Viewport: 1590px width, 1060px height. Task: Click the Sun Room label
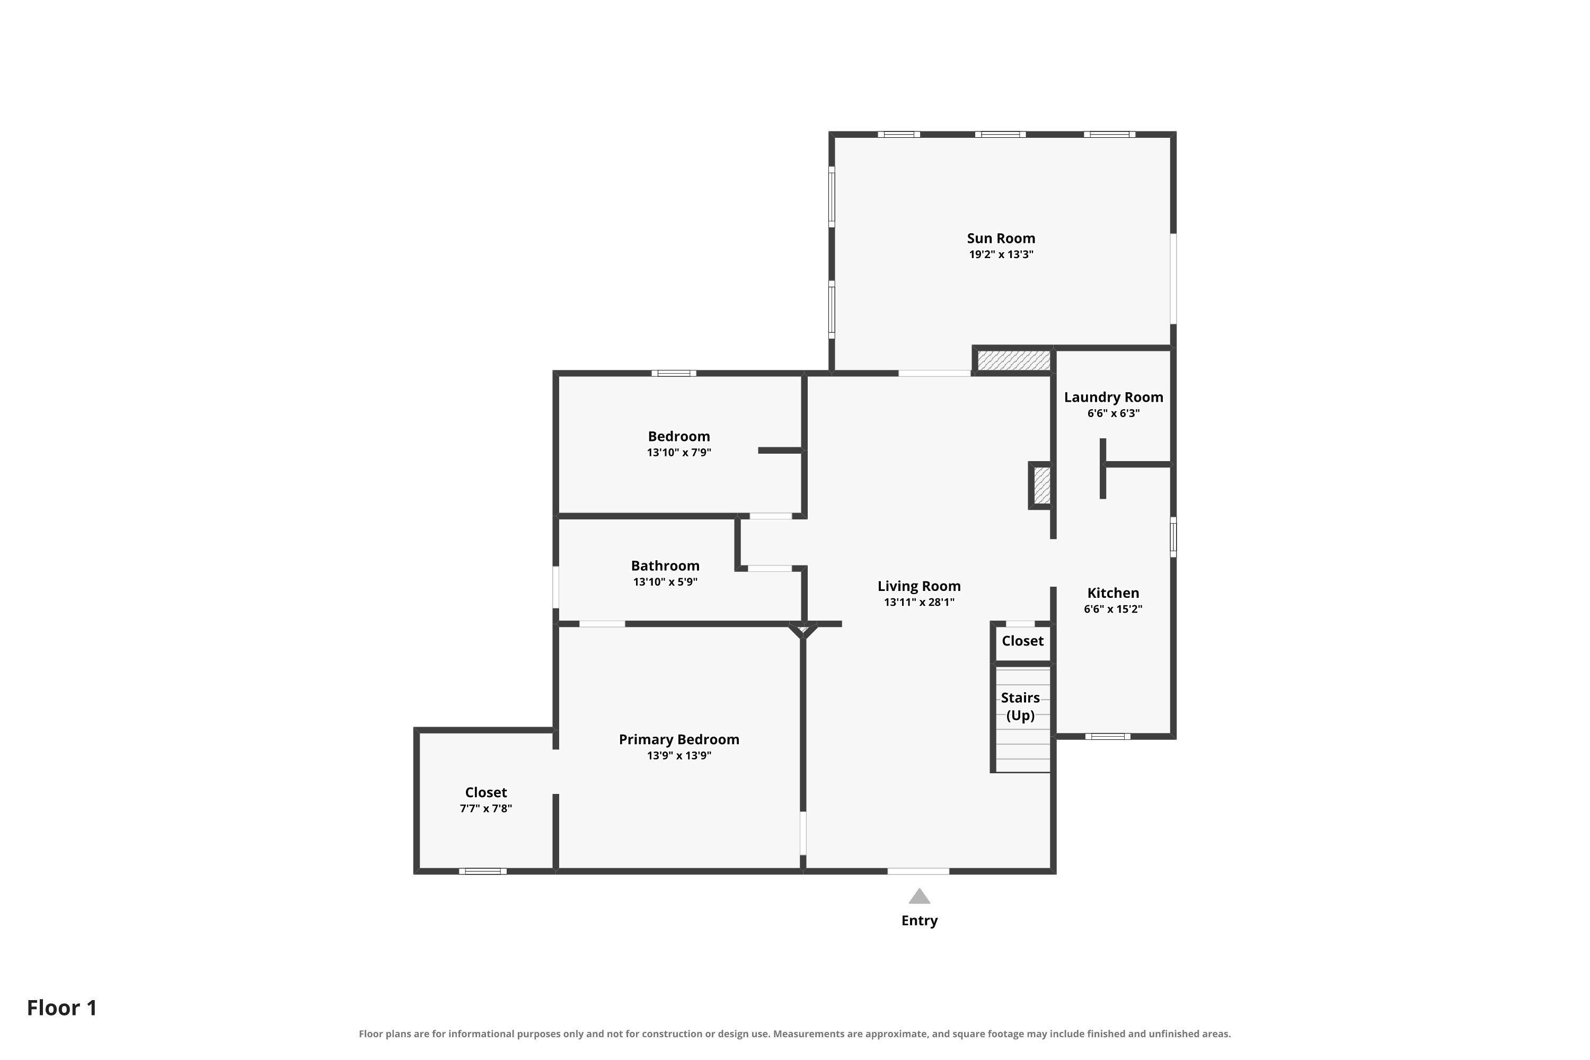point(1001,238)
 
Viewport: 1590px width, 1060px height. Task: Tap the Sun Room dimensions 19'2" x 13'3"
point(1001,254)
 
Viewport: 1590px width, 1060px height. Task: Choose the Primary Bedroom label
point(679,739)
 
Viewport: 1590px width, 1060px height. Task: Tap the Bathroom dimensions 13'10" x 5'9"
point(665,582)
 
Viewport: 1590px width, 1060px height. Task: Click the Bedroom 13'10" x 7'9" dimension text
point(679,452)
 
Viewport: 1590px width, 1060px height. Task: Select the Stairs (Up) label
point(1020,706)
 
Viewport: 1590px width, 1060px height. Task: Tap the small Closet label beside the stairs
point(1022,641)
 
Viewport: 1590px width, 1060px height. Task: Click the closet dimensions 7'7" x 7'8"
point(485,809)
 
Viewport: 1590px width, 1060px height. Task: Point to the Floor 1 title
point(62,1008)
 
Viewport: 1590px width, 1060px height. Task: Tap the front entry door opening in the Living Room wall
point(918,871)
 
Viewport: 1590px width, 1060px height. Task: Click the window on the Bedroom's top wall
point(674,373)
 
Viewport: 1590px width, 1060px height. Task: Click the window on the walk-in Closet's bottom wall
point(483,871)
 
